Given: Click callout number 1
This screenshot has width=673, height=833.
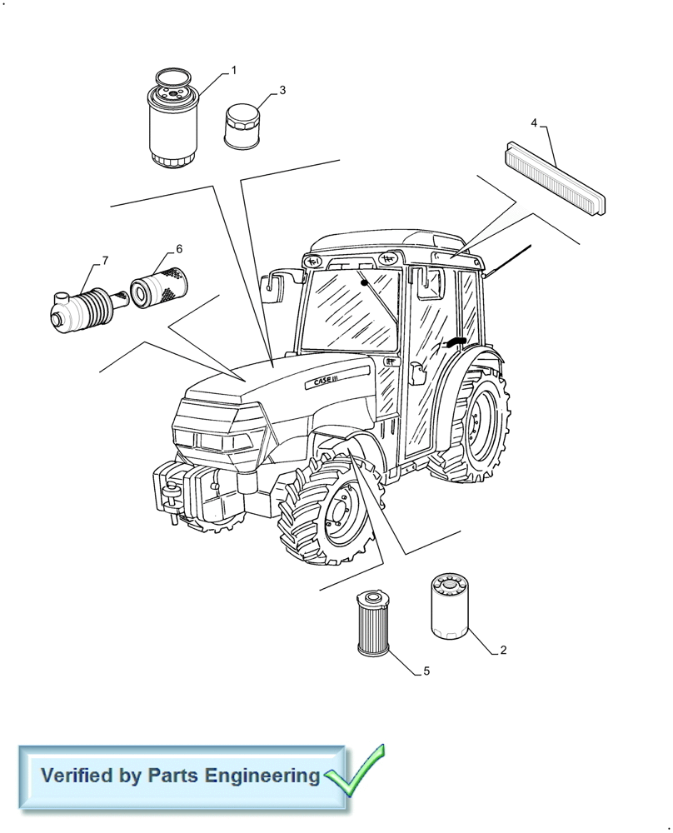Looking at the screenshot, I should (234, 71).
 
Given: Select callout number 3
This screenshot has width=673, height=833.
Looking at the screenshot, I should (282, 90).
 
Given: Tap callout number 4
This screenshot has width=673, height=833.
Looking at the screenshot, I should (534, 123).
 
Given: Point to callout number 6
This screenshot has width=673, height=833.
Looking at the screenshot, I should (178, 249).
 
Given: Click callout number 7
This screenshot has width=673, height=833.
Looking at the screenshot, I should (105, 261).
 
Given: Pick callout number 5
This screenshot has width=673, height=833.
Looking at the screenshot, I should (426, 671).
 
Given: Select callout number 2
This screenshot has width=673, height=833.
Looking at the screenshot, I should (502, 649).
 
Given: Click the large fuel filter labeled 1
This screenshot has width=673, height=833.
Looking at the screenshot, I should (173, 121).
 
